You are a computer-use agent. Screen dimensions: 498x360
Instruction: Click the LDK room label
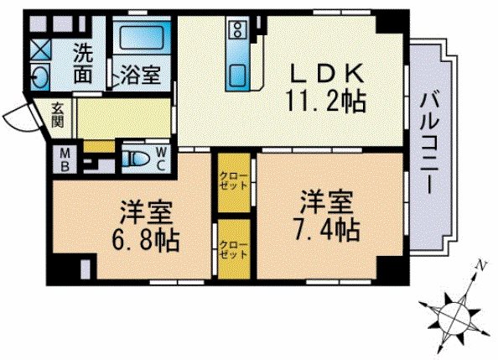click(x=327, y=73)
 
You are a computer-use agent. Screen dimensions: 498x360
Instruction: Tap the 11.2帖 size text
click(x=326, y=101)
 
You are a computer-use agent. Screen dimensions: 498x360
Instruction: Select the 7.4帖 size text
click(x=327, y=230)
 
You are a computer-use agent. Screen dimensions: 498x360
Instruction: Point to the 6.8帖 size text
click(x=146, y=240)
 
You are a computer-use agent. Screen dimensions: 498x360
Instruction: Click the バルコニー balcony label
click(x=429, y=142)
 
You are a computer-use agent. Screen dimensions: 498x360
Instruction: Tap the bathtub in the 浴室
click(x=142, y=37)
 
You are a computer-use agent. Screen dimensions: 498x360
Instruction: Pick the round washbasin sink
click(x=40, y=76)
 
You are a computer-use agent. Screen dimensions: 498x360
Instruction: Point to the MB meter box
click(x=65, y=160)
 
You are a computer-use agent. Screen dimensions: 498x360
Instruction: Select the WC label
click(x=161, y=159)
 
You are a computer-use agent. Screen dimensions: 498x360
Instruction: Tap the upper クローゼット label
click(x=234, y=180)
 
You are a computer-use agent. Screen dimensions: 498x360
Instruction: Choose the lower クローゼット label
click(x=234, y=249)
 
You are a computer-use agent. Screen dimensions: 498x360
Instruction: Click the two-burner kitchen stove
click(x=237, y=29)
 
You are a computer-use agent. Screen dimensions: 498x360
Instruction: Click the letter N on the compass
click(x=483, y=264)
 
